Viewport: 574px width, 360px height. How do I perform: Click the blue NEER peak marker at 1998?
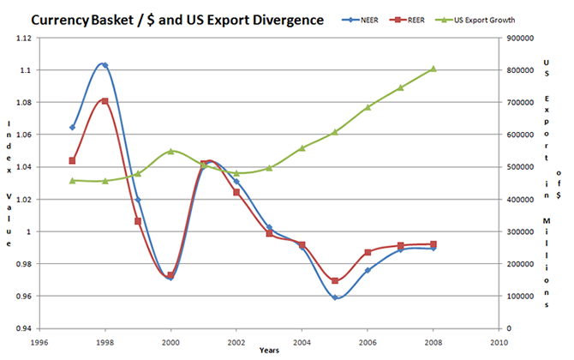point(105,65)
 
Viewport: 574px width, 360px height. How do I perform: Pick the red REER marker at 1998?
point(105,101)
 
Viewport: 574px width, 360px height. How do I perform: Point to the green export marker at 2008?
point(433,69)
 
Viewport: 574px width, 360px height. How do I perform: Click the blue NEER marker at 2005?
point(335,297)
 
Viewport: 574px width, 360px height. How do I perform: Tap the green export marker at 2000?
point(170,151)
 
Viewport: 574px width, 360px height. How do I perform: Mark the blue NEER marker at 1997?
point(72,127)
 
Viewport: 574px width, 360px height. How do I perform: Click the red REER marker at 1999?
point(138,221)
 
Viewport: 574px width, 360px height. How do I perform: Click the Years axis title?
point(268,350)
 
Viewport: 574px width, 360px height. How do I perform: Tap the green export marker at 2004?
point(302,148)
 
